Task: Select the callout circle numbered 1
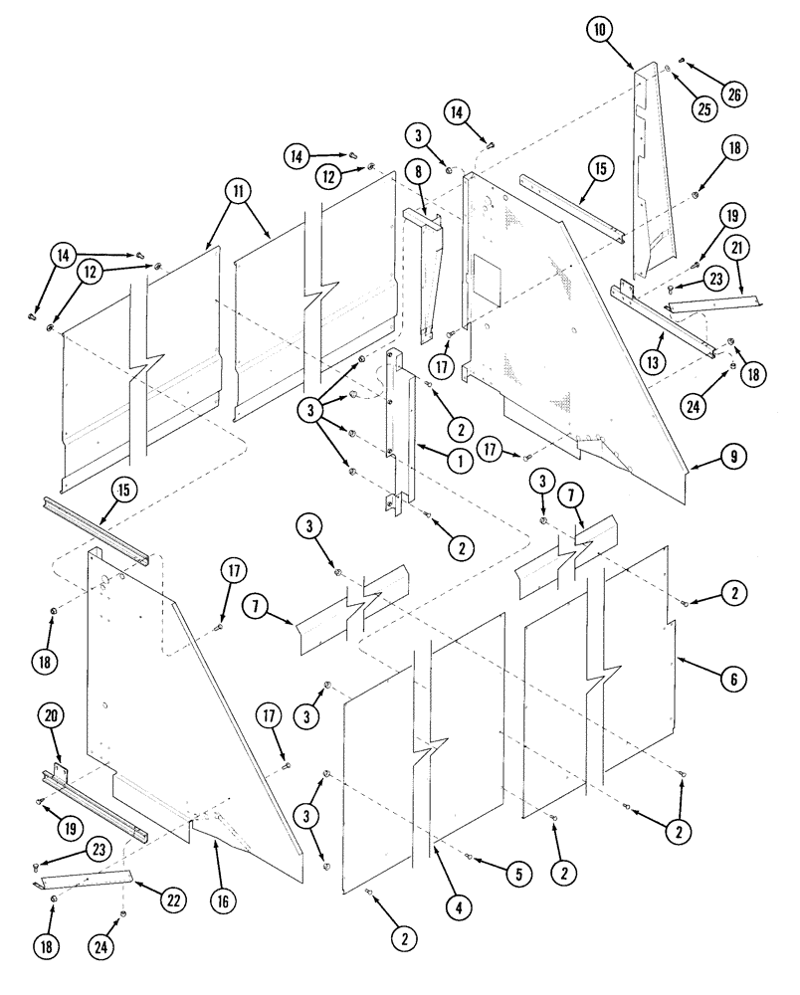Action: (x=461, y=461)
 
